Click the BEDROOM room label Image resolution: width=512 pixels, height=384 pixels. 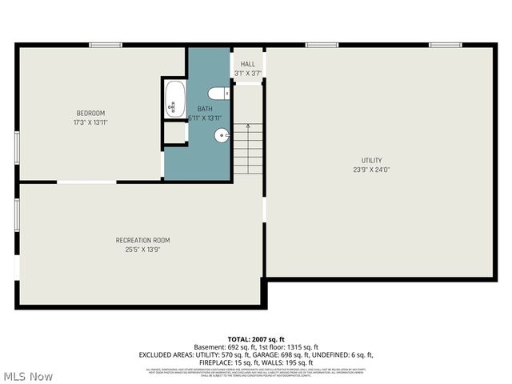pos(90,113)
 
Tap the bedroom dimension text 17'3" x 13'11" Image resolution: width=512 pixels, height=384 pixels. pos(90,122)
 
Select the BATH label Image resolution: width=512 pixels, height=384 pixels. pos(205,109)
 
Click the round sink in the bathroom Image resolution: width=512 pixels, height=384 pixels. pos(222,135)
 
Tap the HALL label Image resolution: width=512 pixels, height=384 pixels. pos(248,64)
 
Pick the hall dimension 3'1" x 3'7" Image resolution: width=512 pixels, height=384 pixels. pos(248,74)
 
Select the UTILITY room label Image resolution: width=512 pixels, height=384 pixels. pos(371,160)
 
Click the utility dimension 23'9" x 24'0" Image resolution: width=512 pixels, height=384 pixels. pos(371,170)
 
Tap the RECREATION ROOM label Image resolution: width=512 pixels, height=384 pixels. pos(142,240)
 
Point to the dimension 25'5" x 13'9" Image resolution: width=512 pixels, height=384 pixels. pos(142,250)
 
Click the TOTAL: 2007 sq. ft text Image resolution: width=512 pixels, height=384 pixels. pos(255,339)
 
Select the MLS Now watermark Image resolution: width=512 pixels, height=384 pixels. pos(28,375)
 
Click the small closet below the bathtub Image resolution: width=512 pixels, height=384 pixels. pos(174,133)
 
